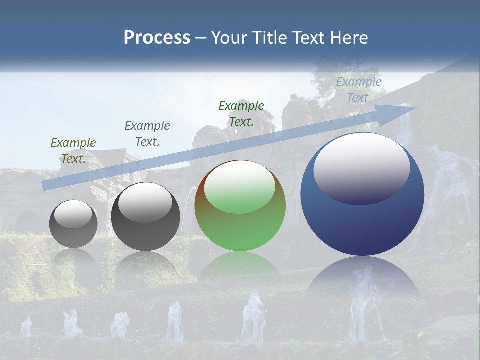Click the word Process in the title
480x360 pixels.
tap(157, 38)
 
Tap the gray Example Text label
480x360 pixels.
tap(147, 134)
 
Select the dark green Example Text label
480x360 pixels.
tap(241, 113)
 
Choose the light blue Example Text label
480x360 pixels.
tap(359, 90)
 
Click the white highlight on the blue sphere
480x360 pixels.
tap(362, 167)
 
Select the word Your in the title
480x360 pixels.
tap(229, 38)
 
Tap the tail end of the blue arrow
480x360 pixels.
tap(46, 185)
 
